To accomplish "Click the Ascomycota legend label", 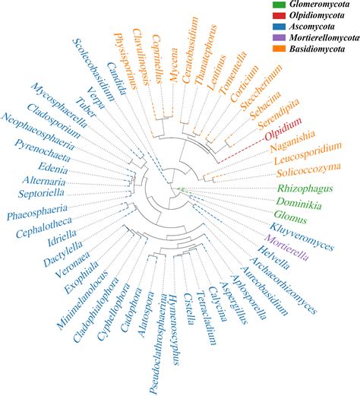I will click(312, 33).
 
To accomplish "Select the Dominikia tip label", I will click(298, 205).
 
